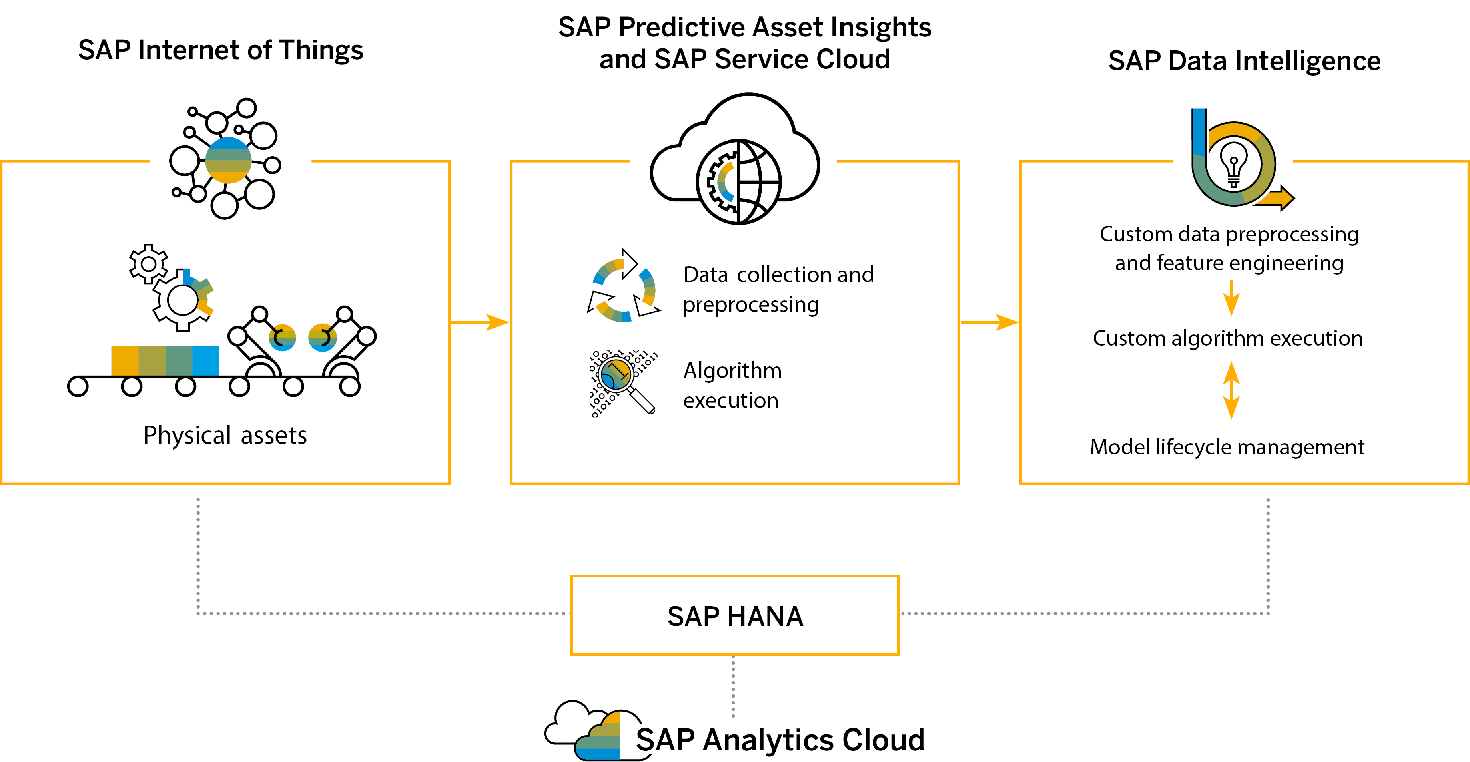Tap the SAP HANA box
click(x=734, y=615)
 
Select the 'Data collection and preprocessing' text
click(x=778, y=289)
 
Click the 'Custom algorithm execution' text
click(x=1227, y=338)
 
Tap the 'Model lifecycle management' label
click(x=1227, y=447)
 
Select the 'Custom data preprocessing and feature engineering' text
click(x=1229, y=248)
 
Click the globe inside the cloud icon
click(x=738, y=181)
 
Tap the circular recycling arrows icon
click(x=624, y=285)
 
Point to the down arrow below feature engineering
click(x=1231, y=298)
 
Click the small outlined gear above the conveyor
click(x=148, y=263)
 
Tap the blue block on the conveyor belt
click(x=205, y=360)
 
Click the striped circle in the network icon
click(x=228, y=160)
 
